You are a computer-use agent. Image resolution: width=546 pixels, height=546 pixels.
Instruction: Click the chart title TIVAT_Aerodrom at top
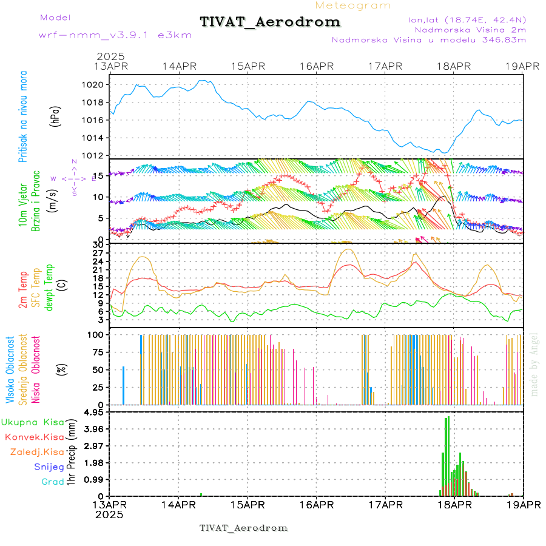[x=270, y=22]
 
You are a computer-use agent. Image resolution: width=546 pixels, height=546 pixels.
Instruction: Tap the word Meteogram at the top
[x=353, y=5]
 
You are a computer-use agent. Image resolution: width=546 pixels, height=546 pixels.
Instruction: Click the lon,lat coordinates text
[x=467, y=19]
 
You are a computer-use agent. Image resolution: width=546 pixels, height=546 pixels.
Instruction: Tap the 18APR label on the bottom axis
[x=454, y=505]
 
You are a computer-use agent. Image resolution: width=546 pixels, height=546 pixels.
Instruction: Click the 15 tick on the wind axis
[x=96, y=175]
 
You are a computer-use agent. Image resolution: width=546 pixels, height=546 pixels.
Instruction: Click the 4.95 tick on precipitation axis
[x=95, y=413]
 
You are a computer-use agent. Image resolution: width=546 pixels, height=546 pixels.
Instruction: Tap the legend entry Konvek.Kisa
[x=33, y=437]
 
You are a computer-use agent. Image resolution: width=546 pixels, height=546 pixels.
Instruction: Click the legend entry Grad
[x=53, y=482]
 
